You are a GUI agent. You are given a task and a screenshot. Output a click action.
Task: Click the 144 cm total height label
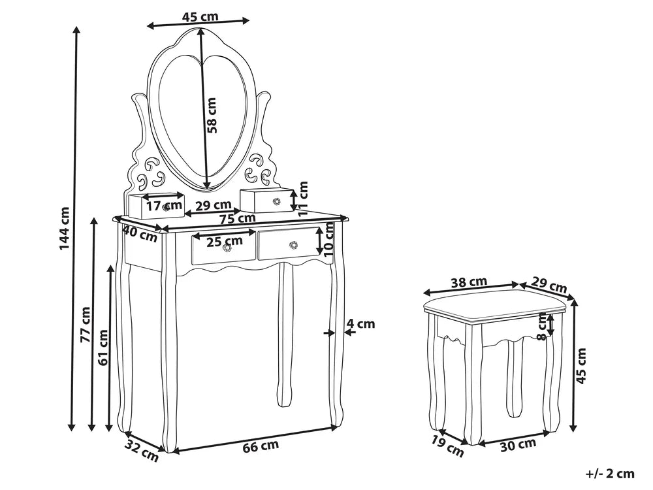tap(64, 228)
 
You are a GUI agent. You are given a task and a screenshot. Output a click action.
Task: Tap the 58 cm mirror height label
tap(212, 115)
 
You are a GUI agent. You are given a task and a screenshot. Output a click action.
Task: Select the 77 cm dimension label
tap(86, 325)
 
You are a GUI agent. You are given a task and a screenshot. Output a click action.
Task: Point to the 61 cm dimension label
tap(103, 347)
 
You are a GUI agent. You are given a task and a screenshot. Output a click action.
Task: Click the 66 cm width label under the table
tap(261, 446)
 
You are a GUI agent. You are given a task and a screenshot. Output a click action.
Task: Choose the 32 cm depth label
tap(142, 451)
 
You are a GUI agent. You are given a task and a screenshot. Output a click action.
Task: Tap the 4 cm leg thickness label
tap(361, 323)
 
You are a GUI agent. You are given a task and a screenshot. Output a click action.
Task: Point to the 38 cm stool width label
tap(469, 282)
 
